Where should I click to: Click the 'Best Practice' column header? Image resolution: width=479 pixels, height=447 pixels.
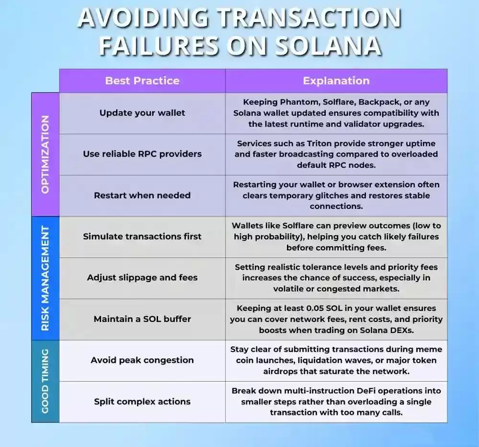[142, 81]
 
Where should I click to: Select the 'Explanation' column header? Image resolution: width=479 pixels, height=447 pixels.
[336, 81]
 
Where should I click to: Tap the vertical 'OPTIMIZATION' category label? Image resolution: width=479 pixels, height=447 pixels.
[45, 154]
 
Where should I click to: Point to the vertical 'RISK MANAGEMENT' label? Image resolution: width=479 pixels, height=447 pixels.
[45, 278]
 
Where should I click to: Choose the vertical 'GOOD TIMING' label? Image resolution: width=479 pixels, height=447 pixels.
[45, 381]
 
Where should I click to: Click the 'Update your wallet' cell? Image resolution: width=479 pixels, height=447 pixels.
[142, 113]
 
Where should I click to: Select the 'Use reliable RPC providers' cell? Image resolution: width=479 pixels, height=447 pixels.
[142, 154]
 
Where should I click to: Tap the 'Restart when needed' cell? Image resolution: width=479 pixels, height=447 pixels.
[142, 195]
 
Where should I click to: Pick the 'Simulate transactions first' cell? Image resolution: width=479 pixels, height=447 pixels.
[142, 237]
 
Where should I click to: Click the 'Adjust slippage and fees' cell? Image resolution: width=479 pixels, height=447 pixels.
[142, 278]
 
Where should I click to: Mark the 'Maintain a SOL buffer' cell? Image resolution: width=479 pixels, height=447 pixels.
[142, 319]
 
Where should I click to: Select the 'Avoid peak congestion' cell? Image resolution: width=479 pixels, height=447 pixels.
[142, 360]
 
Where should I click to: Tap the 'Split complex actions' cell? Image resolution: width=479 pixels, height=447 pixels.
[142, 401]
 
